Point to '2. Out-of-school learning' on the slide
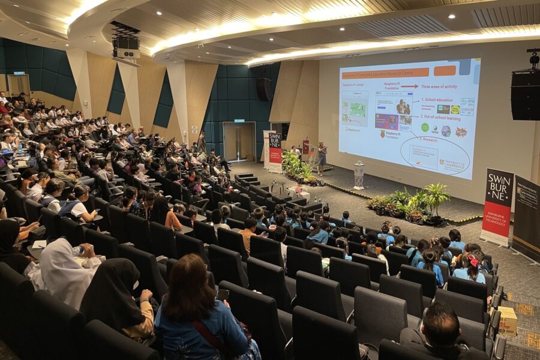click(x=442, y=118)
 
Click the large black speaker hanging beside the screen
click(x=525, y=95)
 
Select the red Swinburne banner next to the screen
click(x=497, y=206)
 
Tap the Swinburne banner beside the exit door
click(x=275, y=151)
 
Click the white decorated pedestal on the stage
click(x=359, y=175)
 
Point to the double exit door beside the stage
click(x=239, y=142)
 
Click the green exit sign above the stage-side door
click(x=239, y=121)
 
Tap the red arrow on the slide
click(x=410, y=86)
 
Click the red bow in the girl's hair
click(x=474, y=260)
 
